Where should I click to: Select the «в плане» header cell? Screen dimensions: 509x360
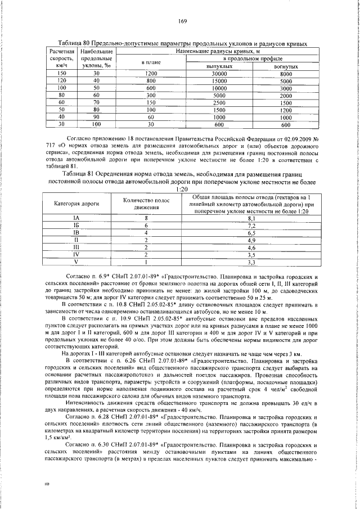[x=150, y=62]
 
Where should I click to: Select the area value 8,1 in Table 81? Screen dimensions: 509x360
[x=251, y=218]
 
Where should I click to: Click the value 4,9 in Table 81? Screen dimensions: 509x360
[x=251, y=240]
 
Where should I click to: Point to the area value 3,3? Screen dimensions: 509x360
[x=251, y=262]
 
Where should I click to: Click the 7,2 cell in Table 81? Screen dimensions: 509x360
[x=251, y=225]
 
